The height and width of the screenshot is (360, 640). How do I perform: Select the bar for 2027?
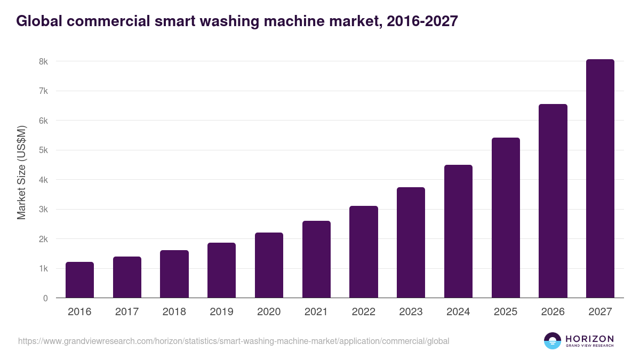pyautogui.click(x=600, y=179)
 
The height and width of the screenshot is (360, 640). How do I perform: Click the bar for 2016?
pyautogui.click(x=79, y=280)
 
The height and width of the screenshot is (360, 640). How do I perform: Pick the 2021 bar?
pyautogui.click(x=316, y=259)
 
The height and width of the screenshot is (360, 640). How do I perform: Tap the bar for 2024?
pyautogui.click(x=458, y=231)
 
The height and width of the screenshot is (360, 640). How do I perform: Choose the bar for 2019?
pyautogui.click(x=221, y=270)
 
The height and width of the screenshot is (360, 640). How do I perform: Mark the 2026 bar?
pyautogui.click(x=553, y=201)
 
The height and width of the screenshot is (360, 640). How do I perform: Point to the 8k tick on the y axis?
pyautogui.click(x=43, y=61)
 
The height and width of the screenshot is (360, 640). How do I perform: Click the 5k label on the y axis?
pyautogui.click(x=43, y=150)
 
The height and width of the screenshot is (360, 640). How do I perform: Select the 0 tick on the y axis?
pyautogui.click(x=45, y=298)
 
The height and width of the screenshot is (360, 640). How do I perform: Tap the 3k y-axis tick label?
pyautogui.click(x=43, y=209)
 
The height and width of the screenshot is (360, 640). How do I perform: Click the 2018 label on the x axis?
pyautogui.click(x=174, y=312)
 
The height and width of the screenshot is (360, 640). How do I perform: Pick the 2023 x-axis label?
pyautogui.click(x=411, y=312)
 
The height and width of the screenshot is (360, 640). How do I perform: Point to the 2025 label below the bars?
pyautogui.click(x=505, y=312)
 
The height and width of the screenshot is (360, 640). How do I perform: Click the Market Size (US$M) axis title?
pyautogui.click(x=21, y=172)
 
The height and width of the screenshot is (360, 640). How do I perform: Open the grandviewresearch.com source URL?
pyautogui.click(x=234, y=341)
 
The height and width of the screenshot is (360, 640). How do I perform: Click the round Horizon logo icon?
pyautogui.click(x=553, y=341)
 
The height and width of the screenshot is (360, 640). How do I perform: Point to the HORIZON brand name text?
pyautogui.click(x=590, y=338)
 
